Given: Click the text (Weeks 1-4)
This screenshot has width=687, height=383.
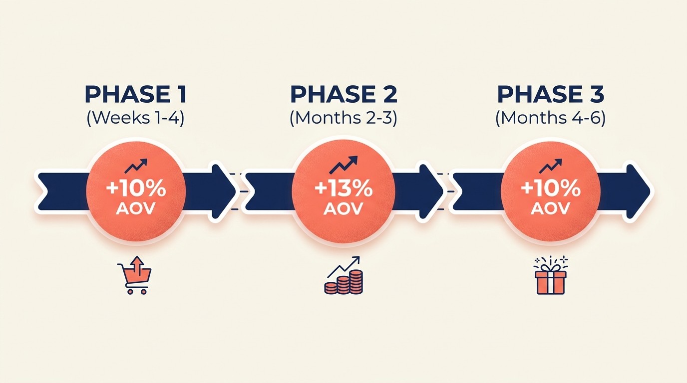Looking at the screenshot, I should [x=135, y=119].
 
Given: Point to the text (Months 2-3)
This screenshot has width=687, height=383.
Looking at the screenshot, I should [x=343, y=119].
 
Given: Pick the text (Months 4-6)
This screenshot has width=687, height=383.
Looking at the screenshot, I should [x=551, y=119].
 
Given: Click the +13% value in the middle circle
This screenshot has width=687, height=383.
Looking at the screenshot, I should [x=343, y=190].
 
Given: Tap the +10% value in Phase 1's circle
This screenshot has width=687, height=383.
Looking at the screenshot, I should [x=136, y=190].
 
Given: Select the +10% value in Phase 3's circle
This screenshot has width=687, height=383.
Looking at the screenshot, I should [x=551, y=190].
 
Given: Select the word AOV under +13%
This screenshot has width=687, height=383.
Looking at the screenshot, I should [x=343, y=208].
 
